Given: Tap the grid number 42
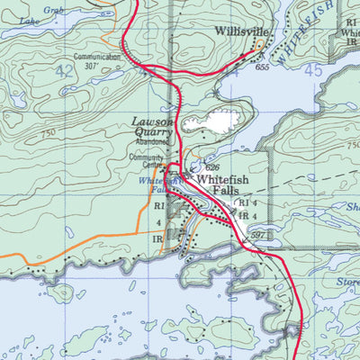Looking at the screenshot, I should pos(64,70).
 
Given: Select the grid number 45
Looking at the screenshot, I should pos(313,70).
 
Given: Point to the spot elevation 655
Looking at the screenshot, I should pos(262,67).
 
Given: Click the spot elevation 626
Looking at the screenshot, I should pos(212,167).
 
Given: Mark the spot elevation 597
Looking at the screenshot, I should pos(257,235).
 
